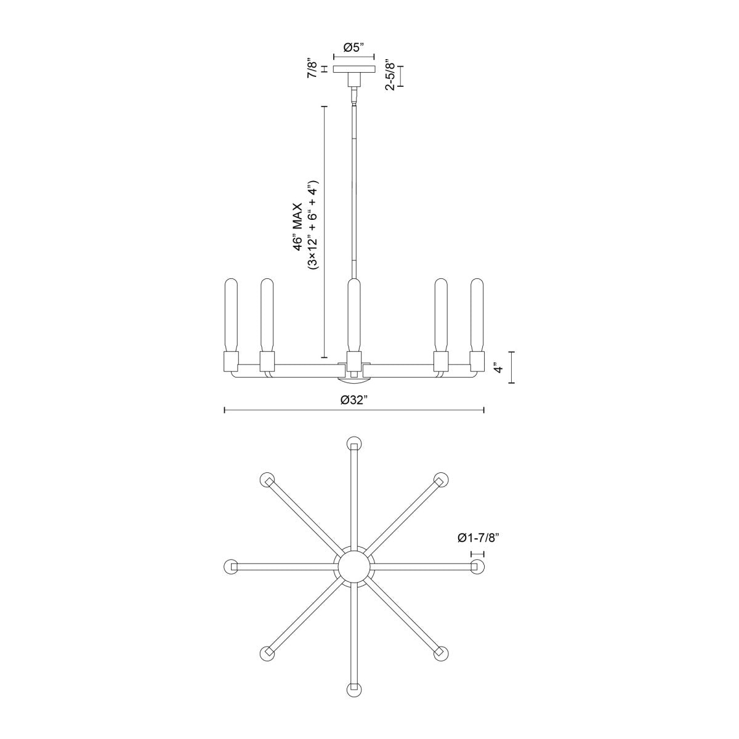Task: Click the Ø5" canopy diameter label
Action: click(x=354, y=47)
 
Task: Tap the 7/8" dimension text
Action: click(x=313, y=68)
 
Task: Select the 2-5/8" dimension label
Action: click(x=389, y=75)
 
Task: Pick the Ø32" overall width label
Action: click(x=354, y=400)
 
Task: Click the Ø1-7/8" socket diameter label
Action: click(x=477, y=538)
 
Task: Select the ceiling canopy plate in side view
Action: click(x=353, y=69)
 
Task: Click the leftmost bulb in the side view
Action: click(x=231, y=314)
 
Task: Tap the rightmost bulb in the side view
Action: click(x=477, y=314)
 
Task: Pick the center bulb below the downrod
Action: click(x=353, y=314)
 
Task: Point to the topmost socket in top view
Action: click(x=353, y=444)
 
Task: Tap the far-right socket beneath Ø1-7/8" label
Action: click(x=477, y=566)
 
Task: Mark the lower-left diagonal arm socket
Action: click(x=267, y=653)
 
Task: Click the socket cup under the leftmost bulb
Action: click(x=231, y=360)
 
